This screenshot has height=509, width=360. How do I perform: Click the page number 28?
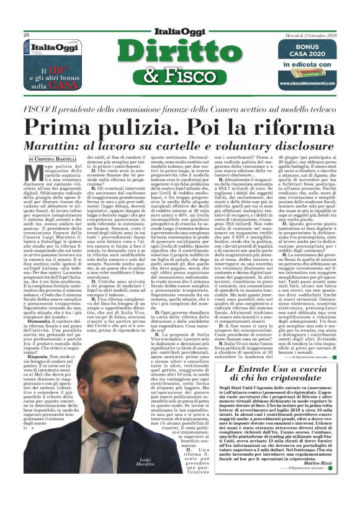point(26,35)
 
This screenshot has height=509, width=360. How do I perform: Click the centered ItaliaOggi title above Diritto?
point(179,32)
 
